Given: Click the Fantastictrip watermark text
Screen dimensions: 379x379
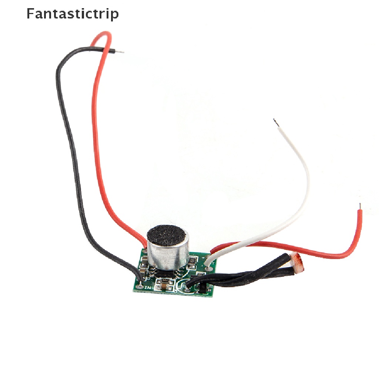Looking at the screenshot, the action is [73, 14].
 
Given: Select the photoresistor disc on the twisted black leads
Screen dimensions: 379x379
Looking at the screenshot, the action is [298, 261].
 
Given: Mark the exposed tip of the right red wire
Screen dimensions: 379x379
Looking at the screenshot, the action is [360, 206].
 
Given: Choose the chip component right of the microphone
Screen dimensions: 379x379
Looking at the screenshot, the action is [192, 262].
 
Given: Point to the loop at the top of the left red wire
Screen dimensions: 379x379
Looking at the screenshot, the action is [105, 36].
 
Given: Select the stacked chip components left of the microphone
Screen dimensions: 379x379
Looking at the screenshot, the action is [144, 265].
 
